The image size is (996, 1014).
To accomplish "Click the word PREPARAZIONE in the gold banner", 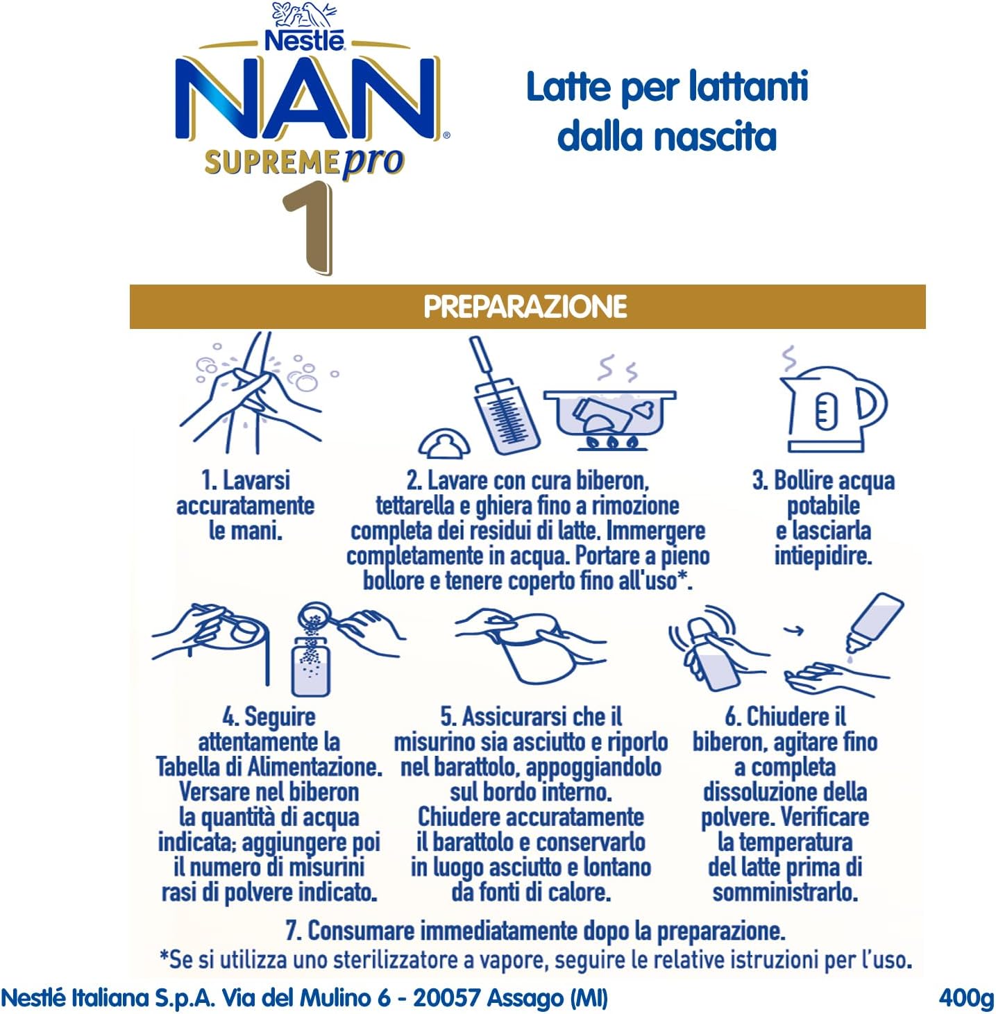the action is (x=525, y=307).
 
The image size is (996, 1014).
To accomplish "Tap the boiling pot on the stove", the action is (x=609, y=419).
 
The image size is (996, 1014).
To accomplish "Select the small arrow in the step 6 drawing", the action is (x=794, y=630).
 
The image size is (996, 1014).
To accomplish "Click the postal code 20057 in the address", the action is (x=447, y=997).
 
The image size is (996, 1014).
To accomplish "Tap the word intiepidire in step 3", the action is (x=822, y=556).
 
